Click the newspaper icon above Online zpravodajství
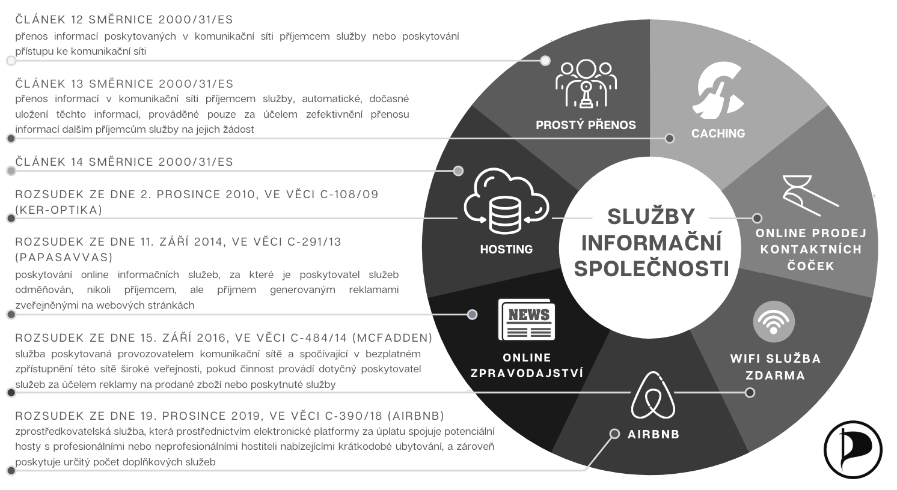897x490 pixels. pyautogui.click(x=527, y=319)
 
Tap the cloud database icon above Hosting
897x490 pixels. pyautogui.click(x=506, y=201)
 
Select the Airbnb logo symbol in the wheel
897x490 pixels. pyautogui.click(x=653, y=395)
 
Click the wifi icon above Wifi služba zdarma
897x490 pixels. pyautogui.click(x=774, y=322)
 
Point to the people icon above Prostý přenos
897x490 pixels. pyautogui.click(x=586, y=83)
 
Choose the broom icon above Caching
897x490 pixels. pyautogui.click(x=718, y=91)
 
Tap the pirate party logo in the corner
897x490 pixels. pyautogui.click(x=853, y=450)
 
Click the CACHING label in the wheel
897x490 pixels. pyautogui.click(x=718, y=133)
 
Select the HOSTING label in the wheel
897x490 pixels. pyautogui.click(x=506, y=249)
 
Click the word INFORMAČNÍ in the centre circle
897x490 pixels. pyautogui.click(x=652, y=243)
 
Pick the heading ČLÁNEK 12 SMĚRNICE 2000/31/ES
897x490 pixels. pyautogui.click(x=124, y=20)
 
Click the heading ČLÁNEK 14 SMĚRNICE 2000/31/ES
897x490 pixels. pyautogui.click(x=124, y=162)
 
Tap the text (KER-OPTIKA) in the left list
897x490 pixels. pyautogui.click(x=59, y=210)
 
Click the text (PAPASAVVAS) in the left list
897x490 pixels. pyautogui.click(x=64, y=257)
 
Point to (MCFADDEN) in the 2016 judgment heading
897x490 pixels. pyautogui.click(x=393, y=338)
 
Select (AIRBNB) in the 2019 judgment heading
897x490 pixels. pyautogui.click(x=416, y=416)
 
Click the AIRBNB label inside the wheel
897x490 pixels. pyautogui.click(x=654, y=434)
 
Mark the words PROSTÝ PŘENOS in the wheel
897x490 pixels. pyautogui.click(x=586, y=125)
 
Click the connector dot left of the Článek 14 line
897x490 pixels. pyautogui.click(x=11, y=171)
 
